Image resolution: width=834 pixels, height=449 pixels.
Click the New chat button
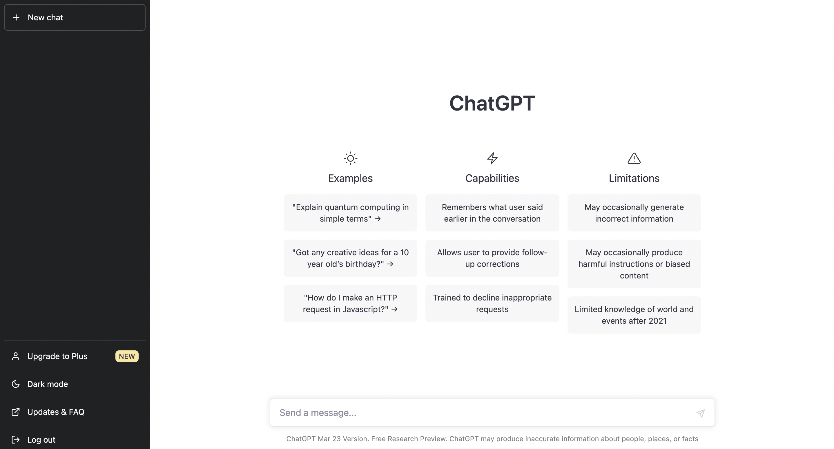(75, 17)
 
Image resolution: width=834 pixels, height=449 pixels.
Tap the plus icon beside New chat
(16, 17)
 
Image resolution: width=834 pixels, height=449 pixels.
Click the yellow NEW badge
(127, 356)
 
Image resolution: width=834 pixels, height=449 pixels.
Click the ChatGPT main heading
(492, 103)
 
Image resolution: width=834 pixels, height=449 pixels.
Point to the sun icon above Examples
(350, 158)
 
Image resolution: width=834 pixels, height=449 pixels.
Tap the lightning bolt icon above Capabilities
(492, 158)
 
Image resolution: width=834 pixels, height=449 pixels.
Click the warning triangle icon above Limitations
(634, 158)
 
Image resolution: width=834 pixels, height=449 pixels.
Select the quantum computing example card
(350, 213)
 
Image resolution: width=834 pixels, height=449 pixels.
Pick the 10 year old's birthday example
(350, 258)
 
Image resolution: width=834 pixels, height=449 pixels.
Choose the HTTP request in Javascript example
(350, 303)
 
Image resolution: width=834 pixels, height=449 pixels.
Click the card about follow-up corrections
(492, 258)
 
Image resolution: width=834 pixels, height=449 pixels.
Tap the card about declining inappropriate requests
(492, 303)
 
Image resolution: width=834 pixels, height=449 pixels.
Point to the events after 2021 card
(634, 315)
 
